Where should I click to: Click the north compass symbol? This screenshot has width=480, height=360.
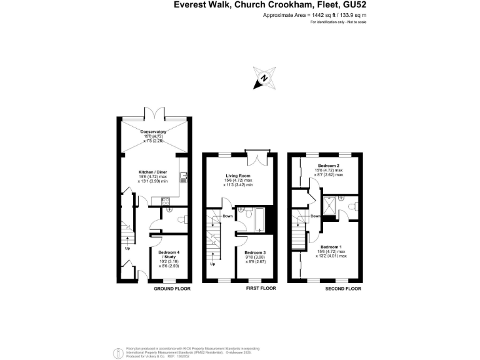tap(264, 78)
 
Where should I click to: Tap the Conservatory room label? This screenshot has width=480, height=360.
tap(153, 132)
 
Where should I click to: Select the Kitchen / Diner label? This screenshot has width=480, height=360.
tap(152, 172)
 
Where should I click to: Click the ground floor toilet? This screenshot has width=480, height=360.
tap(180, 219)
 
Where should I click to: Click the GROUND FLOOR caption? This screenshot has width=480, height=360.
tap(172, 289)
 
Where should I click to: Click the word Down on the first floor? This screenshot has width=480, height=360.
tap(227, 216)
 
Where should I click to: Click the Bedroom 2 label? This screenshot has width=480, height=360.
tap(329, 166)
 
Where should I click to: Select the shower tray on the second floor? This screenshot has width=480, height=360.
tap(329, 205)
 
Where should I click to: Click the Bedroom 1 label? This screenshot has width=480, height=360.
tap(332, 246)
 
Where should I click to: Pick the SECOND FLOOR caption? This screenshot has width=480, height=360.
tap(343, 289)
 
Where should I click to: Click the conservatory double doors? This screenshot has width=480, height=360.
tap(152, 114)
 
